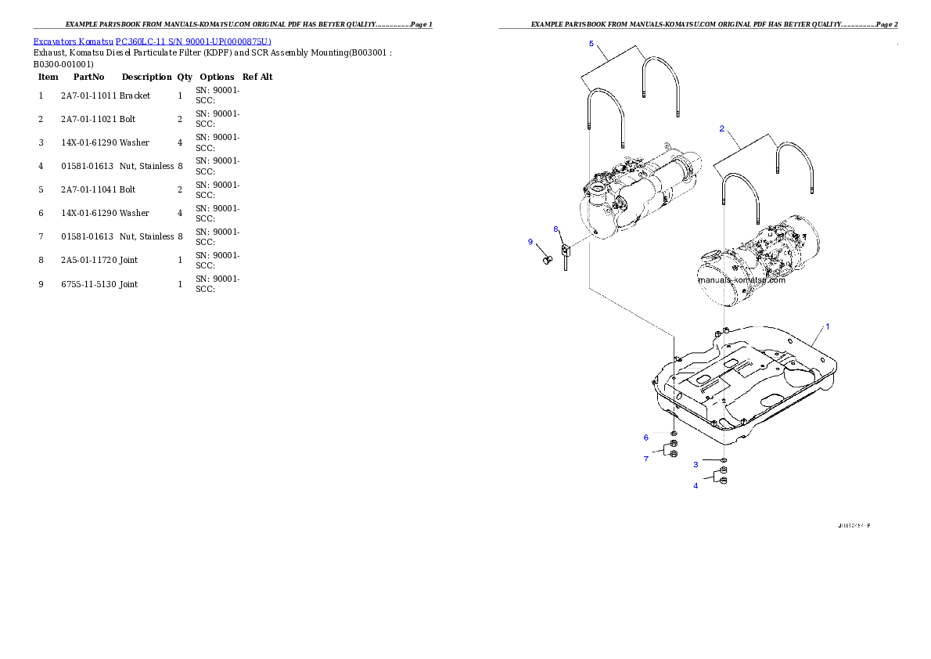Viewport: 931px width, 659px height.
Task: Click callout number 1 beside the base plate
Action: tap(827, 325)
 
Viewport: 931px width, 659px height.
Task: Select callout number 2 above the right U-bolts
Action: tap(721, 128)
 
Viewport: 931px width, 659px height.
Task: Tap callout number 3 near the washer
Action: tap(696, 464)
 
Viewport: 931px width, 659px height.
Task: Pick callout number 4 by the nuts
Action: tap(696, 486)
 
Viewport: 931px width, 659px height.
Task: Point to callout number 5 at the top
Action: tap(591, 44)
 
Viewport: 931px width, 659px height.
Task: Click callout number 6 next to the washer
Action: tap(646, 437)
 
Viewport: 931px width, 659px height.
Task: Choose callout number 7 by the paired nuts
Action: tap(646, 459)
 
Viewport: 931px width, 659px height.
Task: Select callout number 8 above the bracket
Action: tap(556, 229)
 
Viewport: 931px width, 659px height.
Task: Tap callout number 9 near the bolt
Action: tap(530, 242)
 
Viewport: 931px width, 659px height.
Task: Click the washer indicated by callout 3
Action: tap(724, 460)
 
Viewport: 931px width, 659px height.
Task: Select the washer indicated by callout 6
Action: tap(674, 432)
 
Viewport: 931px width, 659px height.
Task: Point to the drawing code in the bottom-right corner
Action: tap(852, 525)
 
